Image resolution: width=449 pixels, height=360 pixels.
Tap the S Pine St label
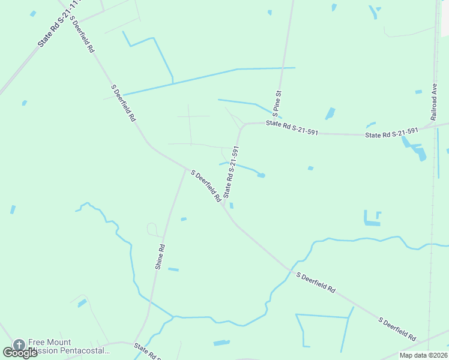(x=277, y=103)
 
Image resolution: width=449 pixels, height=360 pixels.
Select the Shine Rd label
(x=160, y=256)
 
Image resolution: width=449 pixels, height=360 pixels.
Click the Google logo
(x=20, y=352)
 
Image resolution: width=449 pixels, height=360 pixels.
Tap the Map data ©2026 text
(x=423, y=355)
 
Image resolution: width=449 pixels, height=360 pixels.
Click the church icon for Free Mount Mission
(x=19, y=344)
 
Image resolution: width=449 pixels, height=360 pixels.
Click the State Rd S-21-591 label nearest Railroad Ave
(x=391, y=133)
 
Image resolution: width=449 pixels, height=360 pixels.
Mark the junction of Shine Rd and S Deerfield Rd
(x=185, y=170)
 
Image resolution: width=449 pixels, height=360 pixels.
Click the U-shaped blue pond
(x=372, y=218)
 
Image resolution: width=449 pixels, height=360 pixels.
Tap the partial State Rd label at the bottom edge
(x=147, y=350)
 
